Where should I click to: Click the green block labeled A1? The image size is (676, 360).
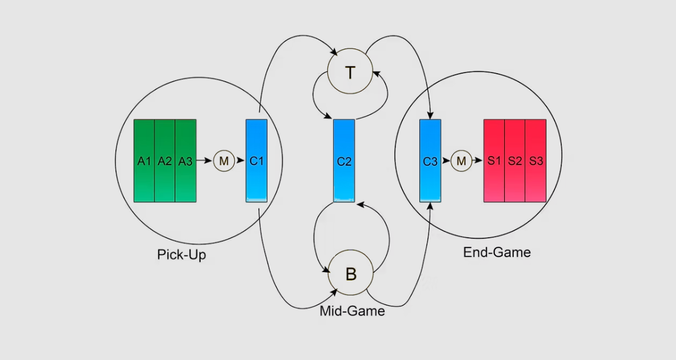(x=144, y=161)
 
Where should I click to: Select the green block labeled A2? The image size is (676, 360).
(x=165, y=161)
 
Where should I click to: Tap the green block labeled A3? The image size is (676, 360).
(x=185, y=161)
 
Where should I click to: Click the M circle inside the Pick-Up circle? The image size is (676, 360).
(x=224, y=161)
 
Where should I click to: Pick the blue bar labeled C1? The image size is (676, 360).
(x=257, y=161)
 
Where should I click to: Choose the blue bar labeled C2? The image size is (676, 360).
(x=344, y=161)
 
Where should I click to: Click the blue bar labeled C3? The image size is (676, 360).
(x=430, y=161)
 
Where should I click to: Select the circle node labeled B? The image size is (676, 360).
(x=350, y=273)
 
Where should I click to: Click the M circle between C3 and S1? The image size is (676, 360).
(x=461, y=161)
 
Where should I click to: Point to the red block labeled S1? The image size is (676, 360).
(x=494, y=161)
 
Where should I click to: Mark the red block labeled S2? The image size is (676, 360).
(x=515, y=161)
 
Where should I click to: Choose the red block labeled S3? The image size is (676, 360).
(x=535, y=161)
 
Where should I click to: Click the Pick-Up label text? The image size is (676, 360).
(x=181, y=255)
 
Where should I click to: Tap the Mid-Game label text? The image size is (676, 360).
(x=352, y=311)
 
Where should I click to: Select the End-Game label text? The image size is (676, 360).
(x=497, y=252)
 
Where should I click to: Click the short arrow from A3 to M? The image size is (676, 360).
(x=205, y=161)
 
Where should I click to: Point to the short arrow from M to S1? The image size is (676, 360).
(x=477, y=161)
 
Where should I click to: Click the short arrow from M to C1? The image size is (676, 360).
(x=240, y=161)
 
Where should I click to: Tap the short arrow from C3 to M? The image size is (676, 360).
(x=446, y=161)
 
